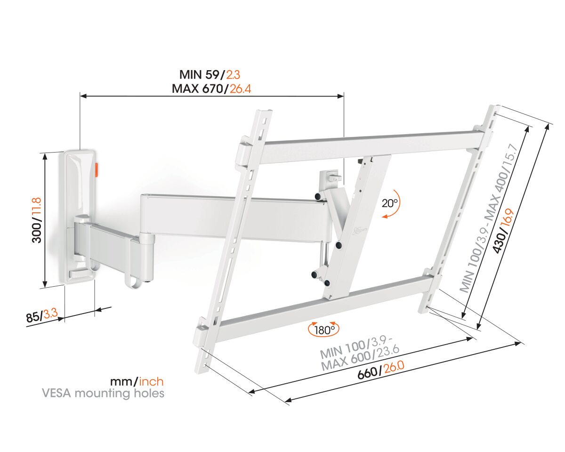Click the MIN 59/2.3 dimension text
[210, 75]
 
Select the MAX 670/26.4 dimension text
[211, 89]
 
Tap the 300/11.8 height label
[37, 220]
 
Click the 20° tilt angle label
[390, 203]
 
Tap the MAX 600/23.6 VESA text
[360, 358]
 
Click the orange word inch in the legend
[151, 382]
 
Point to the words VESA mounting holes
[103, 394]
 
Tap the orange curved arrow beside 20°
[392, 204]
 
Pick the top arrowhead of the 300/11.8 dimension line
[45, 156]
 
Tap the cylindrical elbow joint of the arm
[147, 258]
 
